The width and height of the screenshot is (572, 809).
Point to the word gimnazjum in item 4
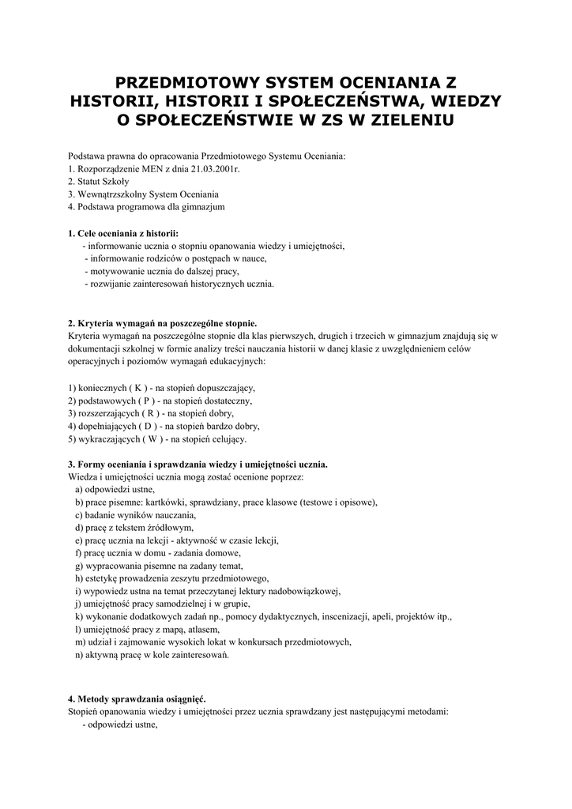point(205,207)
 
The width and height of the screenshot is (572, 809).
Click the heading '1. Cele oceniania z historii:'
point(123,233)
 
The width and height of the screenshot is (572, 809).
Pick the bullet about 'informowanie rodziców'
point(175,258)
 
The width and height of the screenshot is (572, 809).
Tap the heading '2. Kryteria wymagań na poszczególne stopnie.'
point(162,322)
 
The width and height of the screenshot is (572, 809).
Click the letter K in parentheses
point(138,387)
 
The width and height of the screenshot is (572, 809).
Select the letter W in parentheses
point(153,438)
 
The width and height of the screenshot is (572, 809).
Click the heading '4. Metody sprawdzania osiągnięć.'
point(137,698)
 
